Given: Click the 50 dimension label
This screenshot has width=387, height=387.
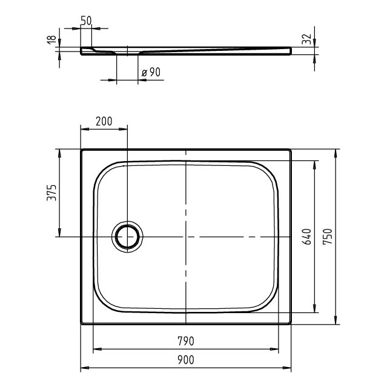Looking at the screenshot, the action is (86, 21).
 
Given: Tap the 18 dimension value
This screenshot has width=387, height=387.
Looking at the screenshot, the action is (51, 39).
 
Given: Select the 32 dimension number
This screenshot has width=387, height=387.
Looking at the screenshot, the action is (307, 39).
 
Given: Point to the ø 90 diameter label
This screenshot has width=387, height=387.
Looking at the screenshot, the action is (151, 72).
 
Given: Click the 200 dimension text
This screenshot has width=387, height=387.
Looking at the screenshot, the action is (104, 121).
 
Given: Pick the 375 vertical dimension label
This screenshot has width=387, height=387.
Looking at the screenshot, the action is (51, 193).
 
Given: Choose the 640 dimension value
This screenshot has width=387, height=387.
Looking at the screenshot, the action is (307, 237).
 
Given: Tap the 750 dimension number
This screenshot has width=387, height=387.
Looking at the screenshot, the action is (328, 237).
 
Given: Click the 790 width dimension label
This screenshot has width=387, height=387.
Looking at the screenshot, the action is (186, 341).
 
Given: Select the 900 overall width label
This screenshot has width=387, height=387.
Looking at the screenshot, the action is (186, 360).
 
